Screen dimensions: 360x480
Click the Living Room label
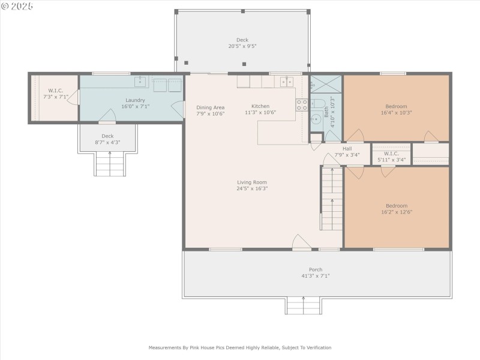[x=252, y=182]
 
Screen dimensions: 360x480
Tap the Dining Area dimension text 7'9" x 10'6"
[x=210, y=113]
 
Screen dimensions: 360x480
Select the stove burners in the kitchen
[x=302, y=106]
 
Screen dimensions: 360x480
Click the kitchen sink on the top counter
[x=286, y=81]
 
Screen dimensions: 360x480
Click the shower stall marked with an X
[x=326, y=83]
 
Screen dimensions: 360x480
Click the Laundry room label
[x=135, y=100]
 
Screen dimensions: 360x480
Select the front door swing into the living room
[x=301, y=242]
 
